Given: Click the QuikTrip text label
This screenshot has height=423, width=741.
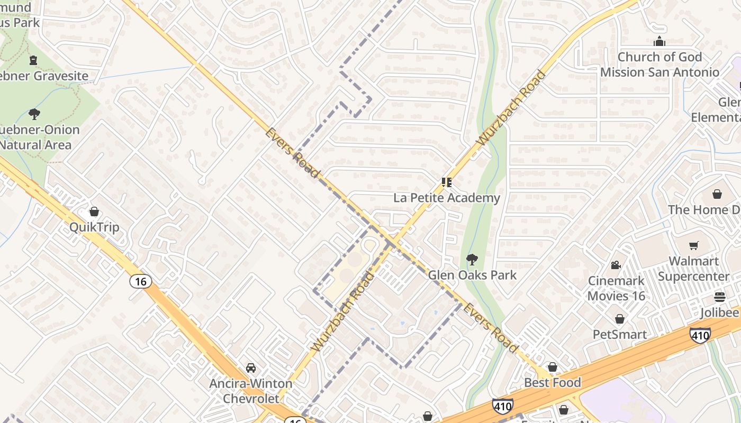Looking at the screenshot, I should tap(94, 227).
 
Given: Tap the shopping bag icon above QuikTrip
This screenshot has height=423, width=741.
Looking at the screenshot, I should tap(94, 212).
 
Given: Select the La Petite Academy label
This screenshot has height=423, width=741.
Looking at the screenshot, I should tap(447, 198).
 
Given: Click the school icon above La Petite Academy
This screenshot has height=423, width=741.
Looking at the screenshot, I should tap(447, 182).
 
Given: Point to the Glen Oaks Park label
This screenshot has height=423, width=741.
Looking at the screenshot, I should tap(472, 275).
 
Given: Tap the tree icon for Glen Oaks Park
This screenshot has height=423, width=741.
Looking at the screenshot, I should tap(472, 260).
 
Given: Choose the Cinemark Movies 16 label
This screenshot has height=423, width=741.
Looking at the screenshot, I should tap(616, 288).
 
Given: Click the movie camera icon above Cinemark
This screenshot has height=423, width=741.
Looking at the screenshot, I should tap(616, 265).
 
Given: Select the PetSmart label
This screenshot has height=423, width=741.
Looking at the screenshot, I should tap(619, 334).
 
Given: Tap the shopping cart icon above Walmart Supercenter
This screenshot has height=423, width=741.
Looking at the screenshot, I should tap(693, 245).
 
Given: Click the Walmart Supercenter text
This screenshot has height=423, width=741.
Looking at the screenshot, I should tap(693, 269).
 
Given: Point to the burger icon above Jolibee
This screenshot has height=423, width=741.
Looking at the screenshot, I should tap(719, 297).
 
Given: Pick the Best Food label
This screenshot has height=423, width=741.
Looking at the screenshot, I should tap(553, 382).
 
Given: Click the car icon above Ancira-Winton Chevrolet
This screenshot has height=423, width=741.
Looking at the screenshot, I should tap(251, 368).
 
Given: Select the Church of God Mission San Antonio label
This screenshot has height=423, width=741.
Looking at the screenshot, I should tap(659, 65).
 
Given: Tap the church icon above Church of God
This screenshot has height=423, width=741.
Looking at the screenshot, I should tap(659, 41).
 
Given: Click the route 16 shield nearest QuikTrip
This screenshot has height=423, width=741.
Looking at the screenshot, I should tap(140, 281).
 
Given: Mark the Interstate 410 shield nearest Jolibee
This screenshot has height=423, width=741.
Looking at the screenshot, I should tap(700, 335).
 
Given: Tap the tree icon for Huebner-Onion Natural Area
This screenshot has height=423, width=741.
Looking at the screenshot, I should tap(34, 114).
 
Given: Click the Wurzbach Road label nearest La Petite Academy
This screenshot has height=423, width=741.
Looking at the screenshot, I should tap(511, 108).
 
